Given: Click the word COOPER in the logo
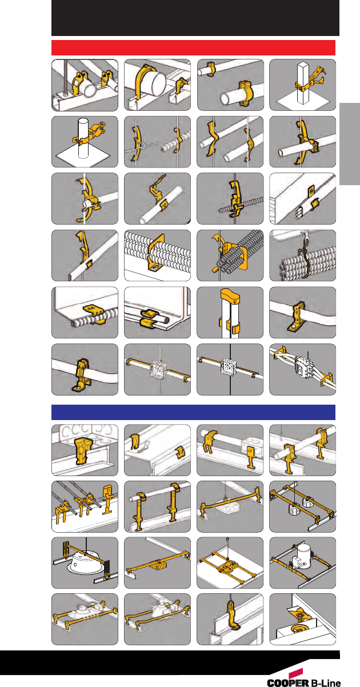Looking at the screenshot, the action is coord(288,682).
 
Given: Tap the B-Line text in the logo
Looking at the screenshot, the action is coord(326,682).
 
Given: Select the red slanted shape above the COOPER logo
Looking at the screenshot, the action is coord(295,673).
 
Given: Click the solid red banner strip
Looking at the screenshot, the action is coord(193,47).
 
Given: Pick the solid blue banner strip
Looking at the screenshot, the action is coord(193,412).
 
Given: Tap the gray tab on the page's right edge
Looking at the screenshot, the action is coord(350,144).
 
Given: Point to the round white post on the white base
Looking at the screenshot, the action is coord(82,138).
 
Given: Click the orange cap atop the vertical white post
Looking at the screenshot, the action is coord(230,295).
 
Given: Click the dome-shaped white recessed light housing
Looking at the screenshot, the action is coord(82,564).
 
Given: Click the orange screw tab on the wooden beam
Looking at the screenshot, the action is coord(311,192).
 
